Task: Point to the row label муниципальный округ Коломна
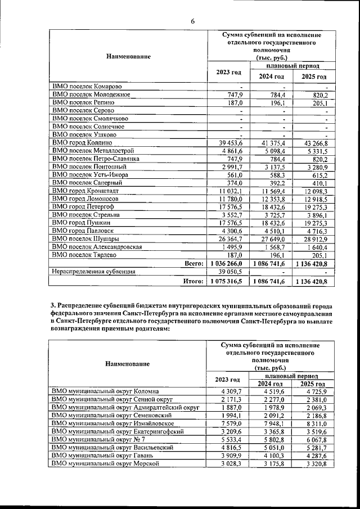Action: pos(105,391)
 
